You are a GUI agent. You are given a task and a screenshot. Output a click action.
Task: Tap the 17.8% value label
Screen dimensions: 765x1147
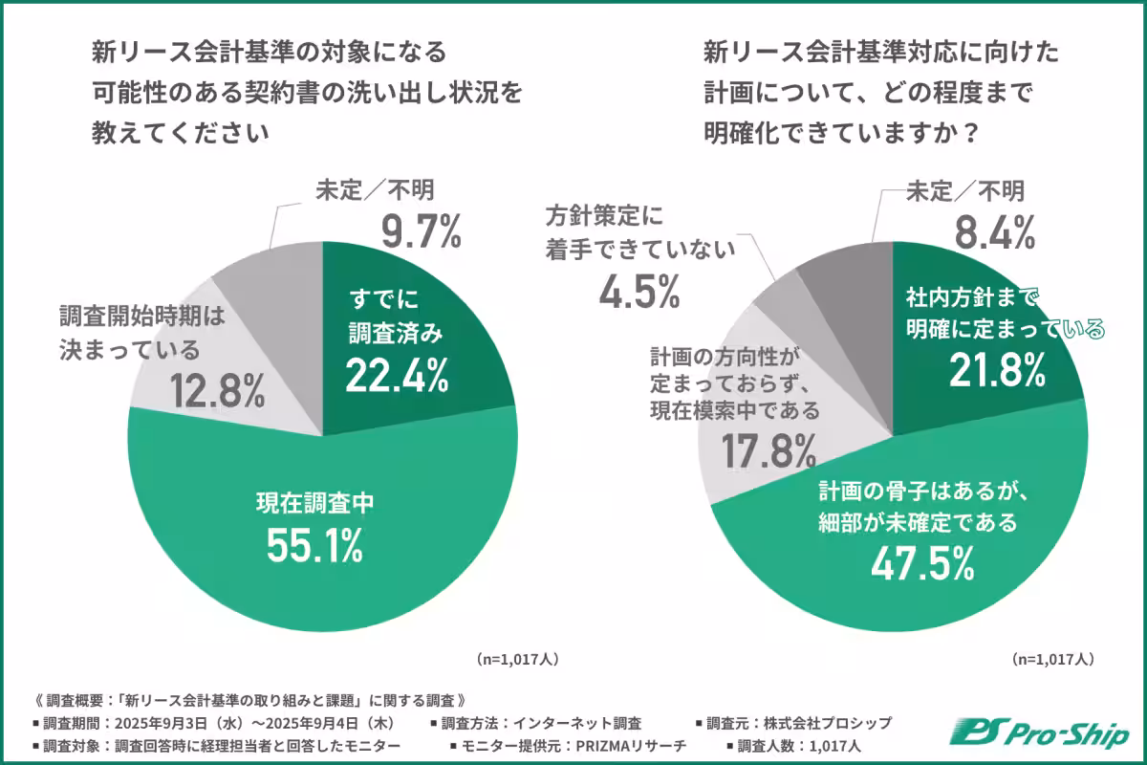768,452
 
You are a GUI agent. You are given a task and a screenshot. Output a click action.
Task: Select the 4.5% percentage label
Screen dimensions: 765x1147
639,291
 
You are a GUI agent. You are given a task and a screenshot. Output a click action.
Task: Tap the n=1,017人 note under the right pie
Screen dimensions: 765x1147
1052,659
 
